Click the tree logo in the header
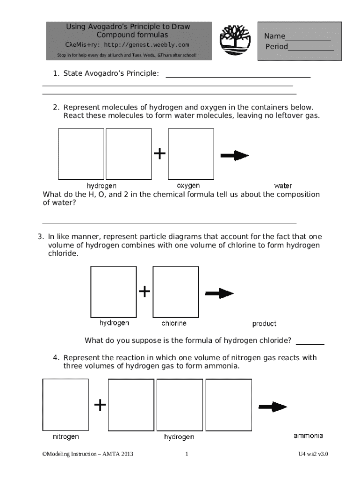235,40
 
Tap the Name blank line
308,40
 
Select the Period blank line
311,51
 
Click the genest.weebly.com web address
146,45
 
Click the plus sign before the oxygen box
160,153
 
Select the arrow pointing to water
235,155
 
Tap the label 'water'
283,186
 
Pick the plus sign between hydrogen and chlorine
144,291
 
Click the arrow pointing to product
219,294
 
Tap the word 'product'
264,324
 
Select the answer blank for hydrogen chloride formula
310,344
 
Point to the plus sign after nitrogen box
100,405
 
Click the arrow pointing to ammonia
273,407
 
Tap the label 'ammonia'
308,436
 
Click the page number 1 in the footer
187,454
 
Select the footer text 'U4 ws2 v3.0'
313,454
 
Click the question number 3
40,236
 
